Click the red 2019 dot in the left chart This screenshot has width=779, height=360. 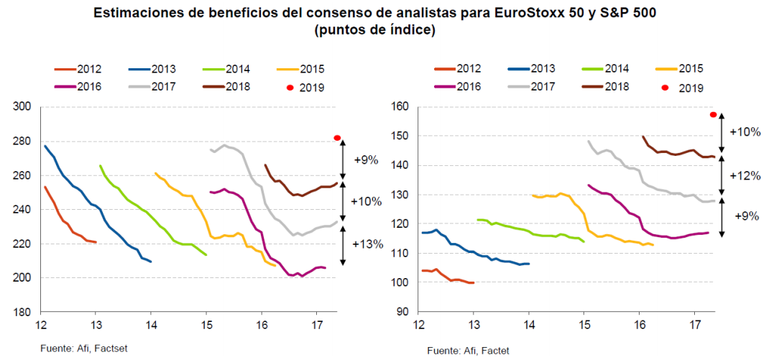coord(337,138)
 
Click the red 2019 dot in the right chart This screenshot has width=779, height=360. coord(714,114)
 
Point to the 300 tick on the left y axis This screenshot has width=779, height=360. coord(23,107)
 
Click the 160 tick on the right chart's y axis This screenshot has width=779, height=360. coord(400,107)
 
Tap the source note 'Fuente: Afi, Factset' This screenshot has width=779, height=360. coord(81,349)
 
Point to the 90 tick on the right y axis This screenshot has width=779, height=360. coord(402,313)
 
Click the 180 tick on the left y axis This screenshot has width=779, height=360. coord(23,313)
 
